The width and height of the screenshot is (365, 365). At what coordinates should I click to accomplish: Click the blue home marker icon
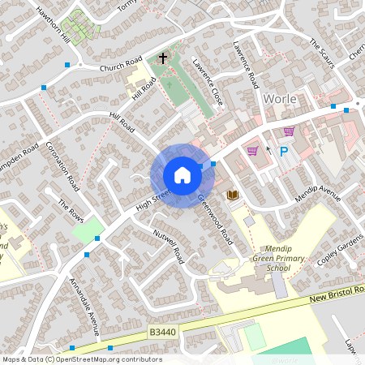182,175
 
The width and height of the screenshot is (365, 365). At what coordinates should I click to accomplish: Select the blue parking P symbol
284,152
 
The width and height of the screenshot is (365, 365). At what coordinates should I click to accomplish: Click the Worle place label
281,98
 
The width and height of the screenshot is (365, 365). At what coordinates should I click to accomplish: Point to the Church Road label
121,64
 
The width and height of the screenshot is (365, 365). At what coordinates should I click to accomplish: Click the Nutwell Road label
169,245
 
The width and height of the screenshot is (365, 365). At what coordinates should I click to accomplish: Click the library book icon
232,195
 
